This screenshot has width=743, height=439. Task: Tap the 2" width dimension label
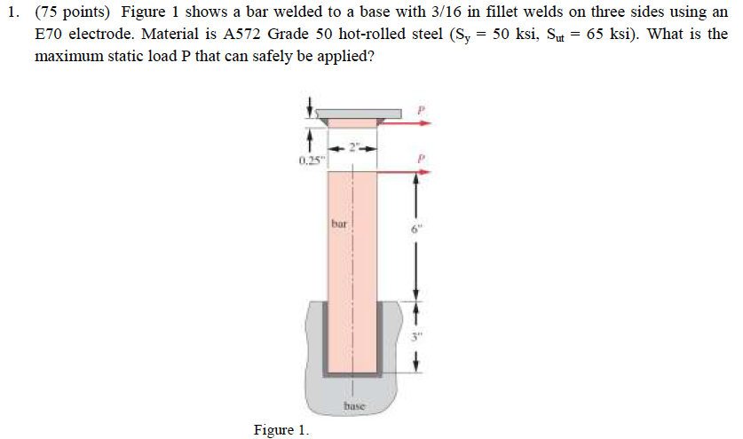click(x=353, y=146)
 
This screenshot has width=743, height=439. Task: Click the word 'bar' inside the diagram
click(x=340, y=223)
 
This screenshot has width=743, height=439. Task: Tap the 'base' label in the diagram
click(x=353, y=406)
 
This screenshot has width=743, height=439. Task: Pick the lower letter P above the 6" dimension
click(x=423, y=157)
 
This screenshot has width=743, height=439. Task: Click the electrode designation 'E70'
click(x=52, y=34)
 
